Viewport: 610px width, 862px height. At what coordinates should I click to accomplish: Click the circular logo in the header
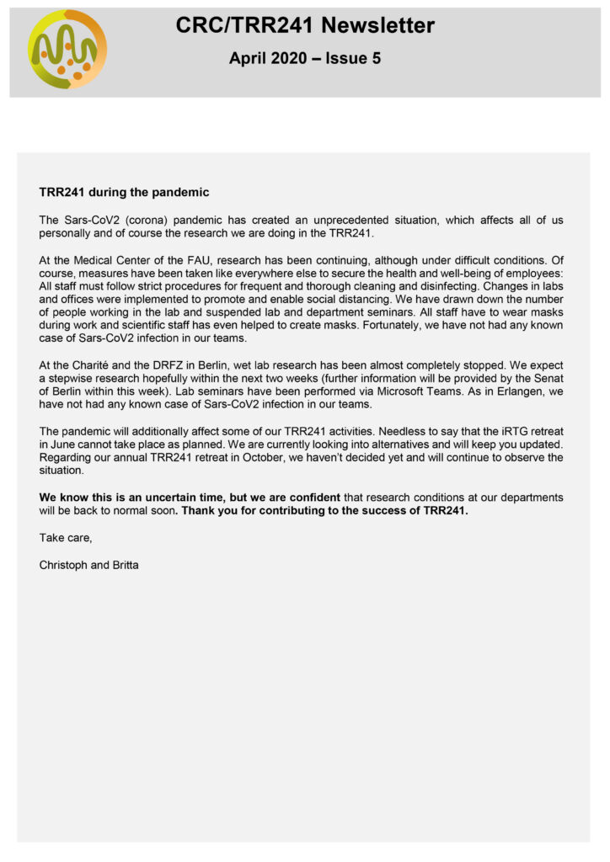67,50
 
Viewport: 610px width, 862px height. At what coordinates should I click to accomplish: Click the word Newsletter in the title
381,26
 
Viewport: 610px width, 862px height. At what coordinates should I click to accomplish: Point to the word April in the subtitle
248,60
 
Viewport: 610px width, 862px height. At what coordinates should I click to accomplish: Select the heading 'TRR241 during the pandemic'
124,192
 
